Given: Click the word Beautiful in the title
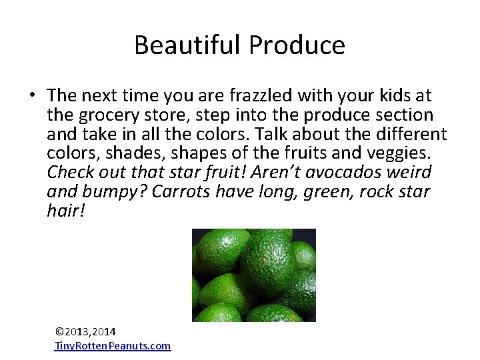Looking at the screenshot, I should coord(189,45).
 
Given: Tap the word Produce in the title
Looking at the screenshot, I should coord(297,45).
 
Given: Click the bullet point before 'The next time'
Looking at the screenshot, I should coord(32,96).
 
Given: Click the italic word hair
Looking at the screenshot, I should coord(65,211).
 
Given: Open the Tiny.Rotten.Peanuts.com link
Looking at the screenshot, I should coord(112,345).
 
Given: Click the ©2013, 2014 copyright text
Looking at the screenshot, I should coord(85,331).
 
